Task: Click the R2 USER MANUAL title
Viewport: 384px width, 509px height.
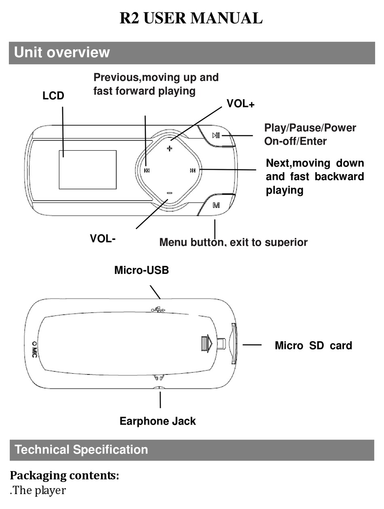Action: [191, 19]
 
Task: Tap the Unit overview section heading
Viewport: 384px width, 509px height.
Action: [62, 53]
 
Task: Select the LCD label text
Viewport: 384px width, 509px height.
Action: [53, 96]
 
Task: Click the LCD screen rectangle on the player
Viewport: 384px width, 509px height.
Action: [88, 170]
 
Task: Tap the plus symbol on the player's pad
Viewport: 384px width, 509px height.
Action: [169, 149]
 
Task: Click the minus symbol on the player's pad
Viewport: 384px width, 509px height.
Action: [169, 193]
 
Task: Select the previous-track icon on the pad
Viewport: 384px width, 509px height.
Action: [147, 170]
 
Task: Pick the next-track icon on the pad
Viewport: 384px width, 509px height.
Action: [193, 170]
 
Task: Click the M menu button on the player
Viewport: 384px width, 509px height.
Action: [216, 205]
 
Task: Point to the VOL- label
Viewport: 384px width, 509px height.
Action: [103, 238]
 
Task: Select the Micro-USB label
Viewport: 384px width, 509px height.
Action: [141, 270]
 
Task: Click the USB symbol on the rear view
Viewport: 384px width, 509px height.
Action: [158, 310]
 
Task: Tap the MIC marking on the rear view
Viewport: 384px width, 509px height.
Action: [35, 349]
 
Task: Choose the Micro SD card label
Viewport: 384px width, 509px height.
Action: [313, 345]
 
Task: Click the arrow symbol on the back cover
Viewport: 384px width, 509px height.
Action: [207, 344]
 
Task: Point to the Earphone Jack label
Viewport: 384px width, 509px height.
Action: [158, 421]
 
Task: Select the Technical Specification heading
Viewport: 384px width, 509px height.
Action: [81, 450]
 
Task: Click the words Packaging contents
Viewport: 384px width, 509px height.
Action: [64, 475]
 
